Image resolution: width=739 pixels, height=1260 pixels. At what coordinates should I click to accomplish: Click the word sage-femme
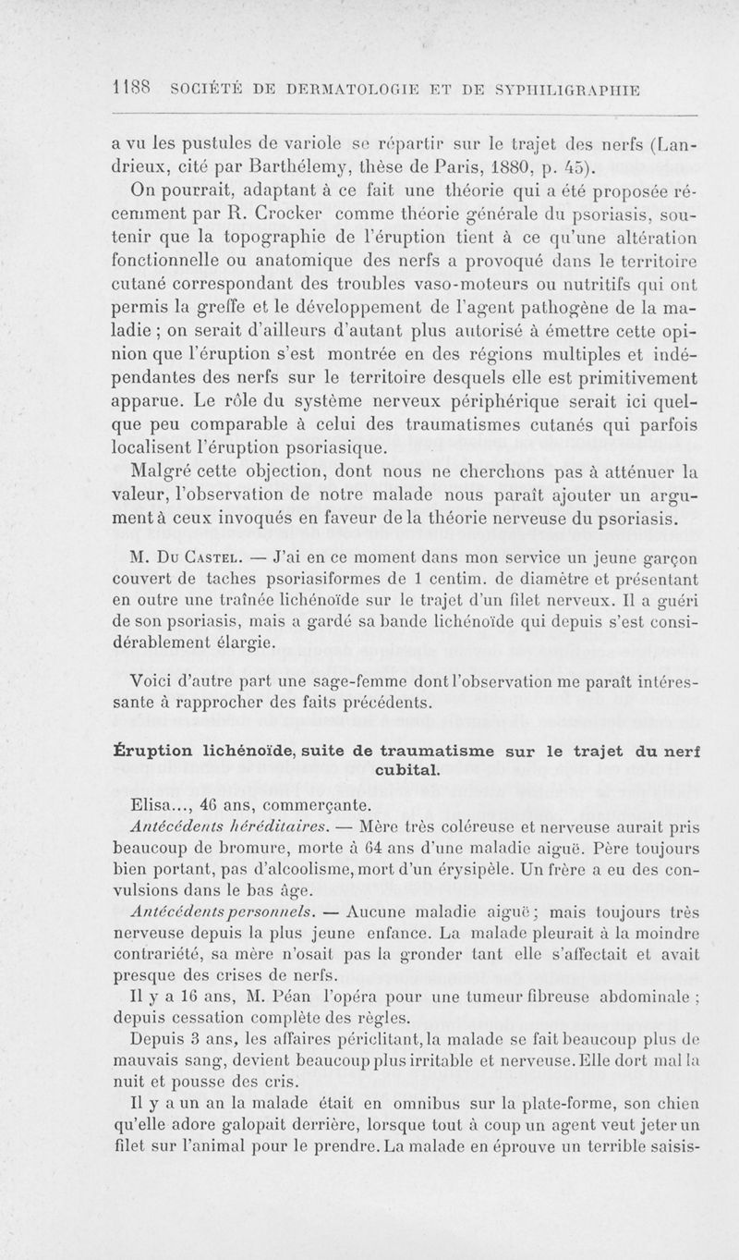point(303,682)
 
